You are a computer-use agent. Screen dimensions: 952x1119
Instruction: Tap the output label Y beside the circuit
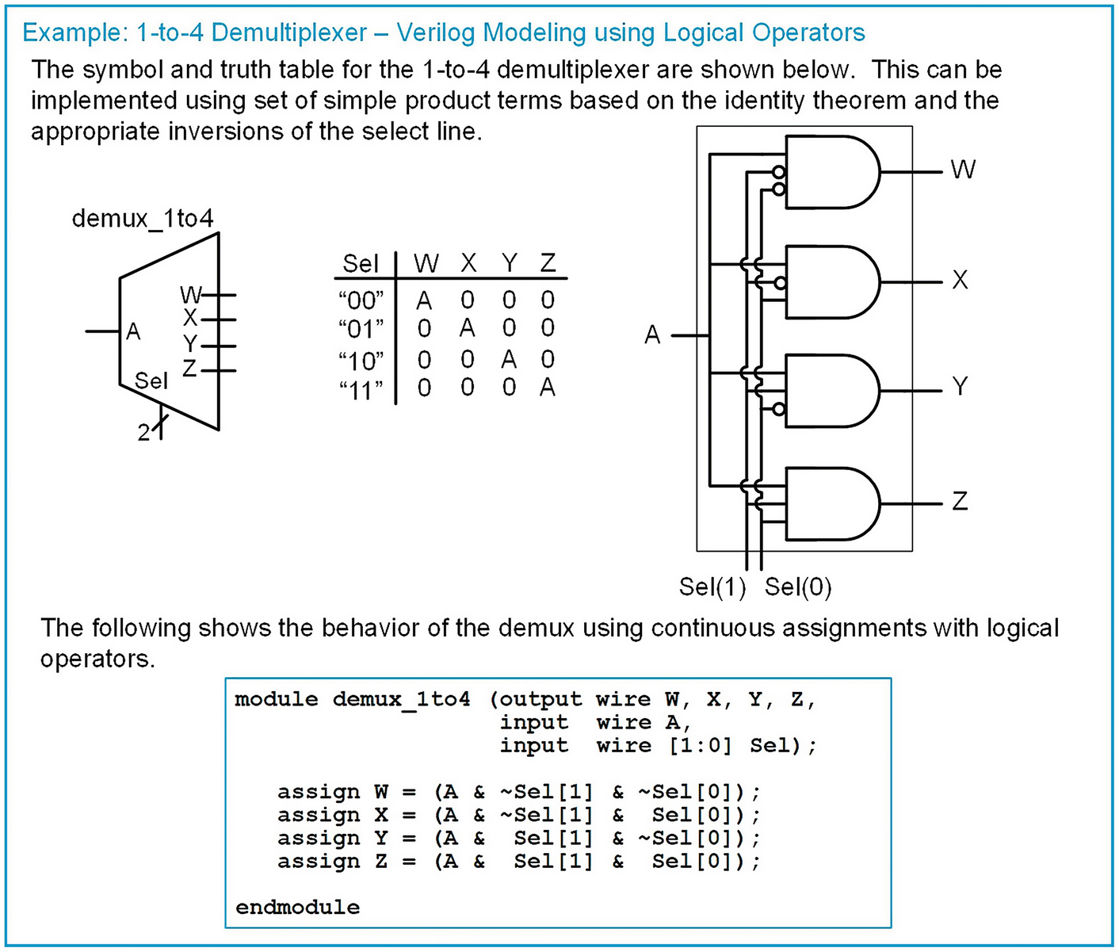[960, 386]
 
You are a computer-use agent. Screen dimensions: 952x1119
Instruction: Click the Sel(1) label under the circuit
[712, 587]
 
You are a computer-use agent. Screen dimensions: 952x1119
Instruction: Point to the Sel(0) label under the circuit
[798, 587]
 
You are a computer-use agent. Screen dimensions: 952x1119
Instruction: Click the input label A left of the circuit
[652, 335]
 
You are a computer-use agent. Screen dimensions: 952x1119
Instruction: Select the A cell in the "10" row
[508, 359]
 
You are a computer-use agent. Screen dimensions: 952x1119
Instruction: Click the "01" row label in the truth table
[361, 328]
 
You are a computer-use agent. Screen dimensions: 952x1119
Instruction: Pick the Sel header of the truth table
[361, 263]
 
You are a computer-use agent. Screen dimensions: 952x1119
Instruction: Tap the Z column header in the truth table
[548, 262]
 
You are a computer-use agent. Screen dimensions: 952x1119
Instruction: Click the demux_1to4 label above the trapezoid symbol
[143, 218]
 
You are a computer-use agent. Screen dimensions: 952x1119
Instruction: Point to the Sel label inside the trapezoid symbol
[151, 381]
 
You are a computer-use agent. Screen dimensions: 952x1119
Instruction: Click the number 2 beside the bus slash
[143, 433]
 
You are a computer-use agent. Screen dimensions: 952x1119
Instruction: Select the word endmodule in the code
[297, 907]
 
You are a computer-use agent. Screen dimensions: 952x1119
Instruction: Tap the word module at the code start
[276, 699]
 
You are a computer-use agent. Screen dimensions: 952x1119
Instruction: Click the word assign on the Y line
[318, 838]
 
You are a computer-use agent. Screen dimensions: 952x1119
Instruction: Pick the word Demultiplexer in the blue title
[290, 32]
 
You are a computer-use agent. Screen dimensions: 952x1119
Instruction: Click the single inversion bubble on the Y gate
[779, 409]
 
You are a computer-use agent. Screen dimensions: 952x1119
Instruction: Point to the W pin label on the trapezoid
[190, 295]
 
